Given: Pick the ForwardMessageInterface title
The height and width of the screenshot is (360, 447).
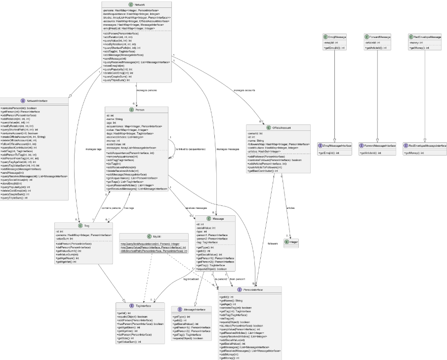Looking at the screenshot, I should point(377,146).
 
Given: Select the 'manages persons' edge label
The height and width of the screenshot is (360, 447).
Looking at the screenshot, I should point(147,91).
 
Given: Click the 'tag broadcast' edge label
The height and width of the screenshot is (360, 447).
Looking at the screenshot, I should point(192,279).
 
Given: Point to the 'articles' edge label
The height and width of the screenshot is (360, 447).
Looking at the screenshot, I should point(291,208).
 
